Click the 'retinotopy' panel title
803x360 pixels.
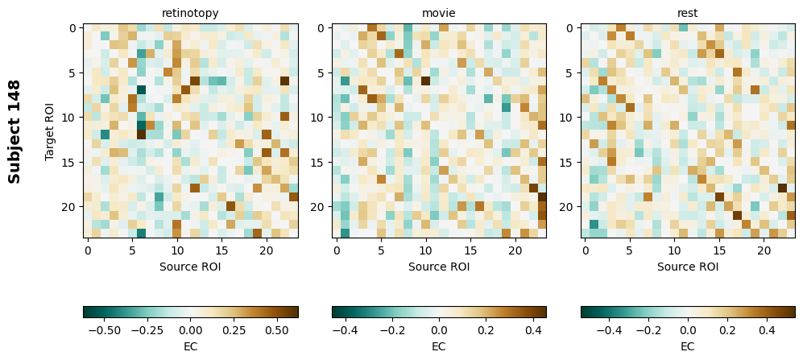(190, 13)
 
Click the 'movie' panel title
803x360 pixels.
(439, 13)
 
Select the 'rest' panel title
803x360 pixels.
(688, 13)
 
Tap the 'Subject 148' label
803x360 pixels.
(14, 130)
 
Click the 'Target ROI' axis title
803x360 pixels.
(50, 130)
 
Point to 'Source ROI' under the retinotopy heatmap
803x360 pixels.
(190, 266)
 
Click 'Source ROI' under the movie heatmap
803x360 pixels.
(439, 266)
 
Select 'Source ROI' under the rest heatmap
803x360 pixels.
(688, 266)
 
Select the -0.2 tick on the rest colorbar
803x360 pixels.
(648, 329)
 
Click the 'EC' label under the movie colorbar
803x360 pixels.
(439, 346)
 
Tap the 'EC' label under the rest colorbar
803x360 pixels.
(688, 346)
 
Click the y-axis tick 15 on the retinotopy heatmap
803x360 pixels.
(72, 163)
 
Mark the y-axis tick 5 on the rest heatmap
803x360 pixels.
(570, 73)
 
